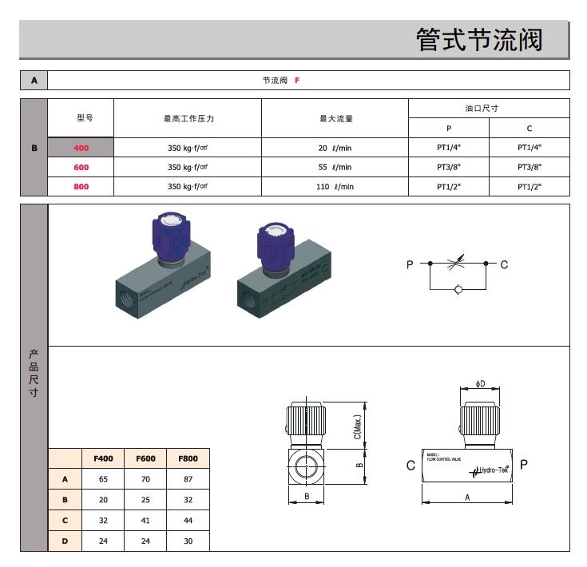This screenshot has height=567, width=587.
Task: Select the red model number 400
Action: pyautogui.click(x=81, y=147)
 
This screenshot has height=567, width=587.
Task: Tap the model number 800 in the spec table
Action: pyautogui.click(x=81, y=186)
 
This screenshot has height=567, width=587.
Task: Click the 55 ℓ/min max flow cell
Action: pyautogui.click(x=335, y=167)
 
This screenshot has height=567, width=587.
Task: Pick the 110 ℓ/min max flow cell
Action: pyautogui.click(x=335, y=186)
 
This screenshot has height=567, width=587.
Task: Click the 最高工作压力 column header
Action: pyautogui.click(x=188, y=118)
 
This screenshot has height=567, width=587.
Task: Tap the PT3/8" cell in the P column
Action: pyautogui.click(x=449, y=167)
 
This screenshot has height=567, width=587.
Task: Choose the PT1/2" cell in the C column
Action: pyautogui.click(x=529, y=186)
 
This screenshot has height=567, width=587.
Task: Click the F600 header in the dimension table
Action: pyautogui.click(x=145, y=458)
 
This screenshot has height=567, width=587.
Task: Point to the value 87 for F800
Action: pyautogui.click(x=188, y=479)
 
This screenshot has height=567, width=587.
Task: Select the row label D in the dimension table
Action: pyautogui.click(x=65, y=541)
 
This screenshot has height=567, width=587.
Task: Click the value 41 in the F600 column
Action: pyautogui.click(x=145, y=521)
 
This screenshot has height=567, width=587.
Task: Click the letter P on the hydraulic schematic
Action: pyautogui.click(x=410, y=264)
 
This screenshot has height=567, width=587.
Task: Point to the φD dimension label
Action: pyautogui.click(x=480, y=384)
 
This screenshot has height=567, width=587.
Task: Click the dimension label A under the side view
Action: pyautogui.click(x=466, y=496)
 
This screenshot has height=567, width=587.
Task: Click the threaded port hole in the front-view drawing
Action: pyautogui.click(x=307, y=465)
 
